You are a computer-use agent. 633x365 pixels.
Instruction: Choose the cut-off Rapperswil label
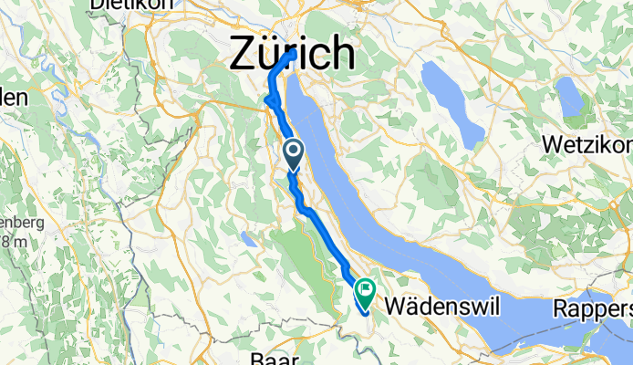[x=592, y=309]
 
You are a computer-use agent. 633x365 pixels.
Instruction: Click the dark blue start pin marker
[x=293, y=153]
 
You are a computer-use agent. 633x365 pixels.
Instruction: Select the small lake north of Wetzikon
[x=569, y=98]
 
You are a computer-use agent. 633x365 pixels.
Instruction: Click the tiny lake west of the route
[x=248, y=240]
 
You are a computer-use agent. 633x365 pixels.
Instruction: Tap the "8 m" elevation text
[x=12, y=243]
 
